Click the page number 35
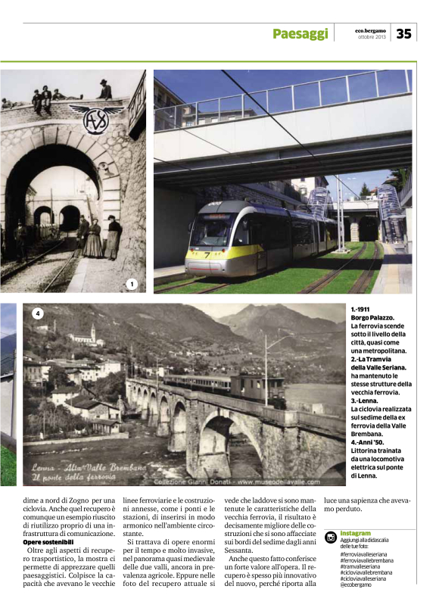coord(403,33)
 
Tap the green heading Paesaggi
coord(300,34)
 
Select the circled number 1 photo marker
coord(132,285)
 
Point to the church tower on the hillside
coord(93,333)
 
